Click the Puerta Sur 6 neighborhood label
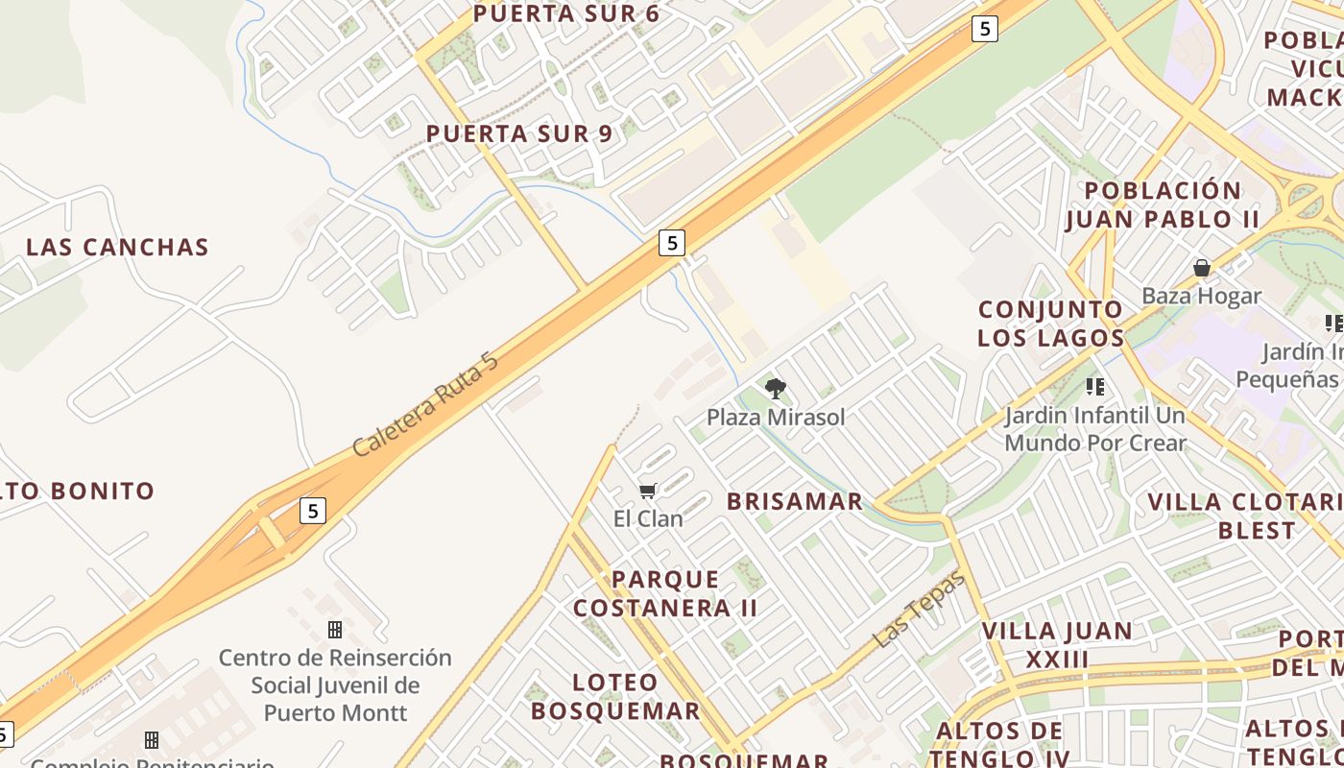tap(566, 13)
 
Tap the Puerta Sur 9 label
tap(519, 133)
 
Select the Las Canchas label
tap(117, 247)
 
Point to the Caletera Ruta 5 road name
tap(425, 404)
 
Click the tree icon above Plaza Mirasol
tap(776, 389)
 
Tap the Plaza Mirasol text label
tap(776, 417)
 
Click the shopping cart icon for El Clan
tap(648, 492)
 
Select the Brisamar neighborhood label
tap(795, 501)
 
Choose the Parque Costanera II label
tap(665, 593)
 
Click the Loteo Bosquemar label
tap(615, 696)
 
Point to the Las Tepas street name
tap(920, 608)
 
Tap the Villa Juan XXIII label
tap(1057, 645)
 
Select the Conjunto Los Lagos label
tap(1050, 324)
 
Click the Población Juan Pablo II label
tap(1163, 204)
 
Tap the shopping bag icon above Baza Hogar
tap(1201, 268)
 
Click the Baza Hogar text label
tap(1201, 296)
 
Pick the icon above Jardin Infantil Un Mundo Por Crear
tap(1095, 387)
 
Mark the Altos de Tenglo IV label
tap(998, 744)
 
